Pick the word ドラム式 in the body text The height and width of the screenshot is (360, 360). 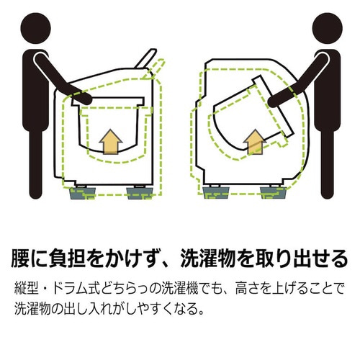pyautogui.click(x=84, y=287)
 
